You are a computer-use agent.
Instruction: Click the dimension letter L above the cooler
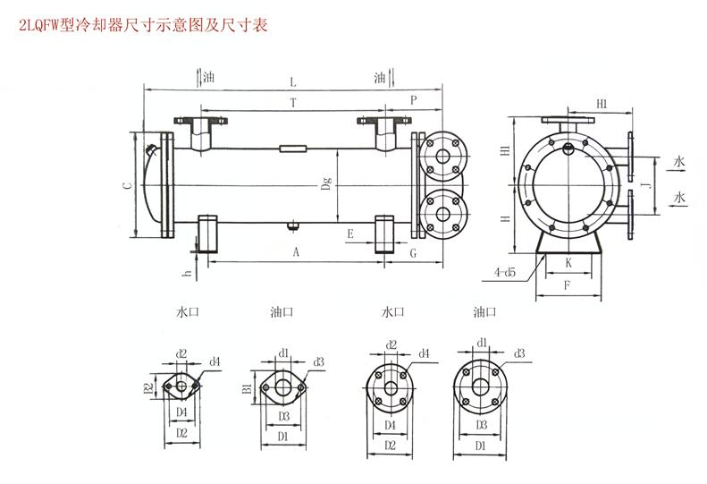[293, 81]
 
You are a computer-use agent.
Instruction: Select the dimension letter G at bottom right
[412, 253]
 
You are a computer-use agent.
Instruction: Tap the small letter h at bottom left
[187, 273]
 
